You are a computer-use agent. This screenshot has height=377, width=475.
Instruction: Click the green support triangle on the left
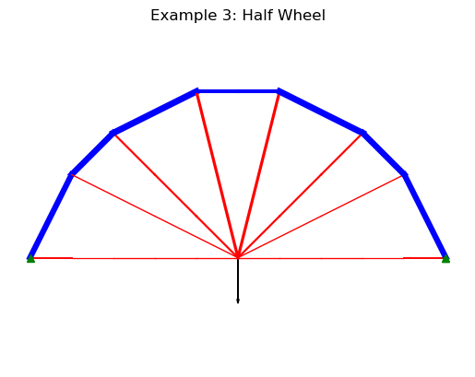[x=30, y=259]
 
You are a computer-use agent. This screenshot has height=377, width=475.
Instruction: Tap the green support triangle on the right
[x=445, y=259]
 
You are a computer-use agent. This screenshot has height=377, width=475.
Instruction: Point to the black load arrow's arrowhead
[x=238, y=301]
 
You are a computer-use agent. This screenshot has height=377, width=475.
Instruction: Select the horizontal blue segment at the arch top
[x=238, y=91]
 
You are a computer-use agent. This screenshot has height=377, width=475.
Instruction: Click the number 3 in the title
[x=228, y=16]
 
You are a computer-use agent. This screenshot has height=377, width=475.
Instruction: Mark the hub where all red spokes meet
[x=238, y=257]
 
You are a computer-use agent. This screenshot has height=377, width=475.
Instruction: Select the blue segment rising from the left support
[x=51, y=217]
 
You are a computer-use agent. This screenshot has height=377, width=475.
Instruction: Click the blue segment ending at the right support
[x=425, y=217]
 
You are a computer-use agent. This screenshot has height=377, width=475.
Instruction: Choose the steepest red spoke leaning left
[x=217, y=174]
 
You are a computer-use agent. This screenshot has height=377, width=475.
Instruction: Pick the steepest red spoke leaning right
[x=258, y=174]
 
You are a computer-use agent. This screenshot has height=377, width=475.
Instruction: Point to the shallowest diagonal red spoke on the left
[x=154, y=216]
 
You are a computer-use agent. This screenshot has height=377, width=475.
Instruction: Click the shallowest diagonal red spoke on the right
[x=321, y=216]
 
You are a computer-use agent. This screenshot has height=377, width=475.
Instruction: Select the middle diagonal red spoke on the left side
[x=175, y=195]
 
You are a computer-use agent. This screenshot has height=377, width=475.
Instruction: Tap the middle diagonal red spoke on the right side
[x=300, y=195]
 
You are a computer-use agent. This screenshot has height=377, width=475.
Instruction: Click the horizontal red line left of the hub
[x=134, y=258]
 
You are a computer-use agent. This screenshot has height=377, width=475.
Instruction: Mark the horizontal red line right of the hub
[x=341, y=258]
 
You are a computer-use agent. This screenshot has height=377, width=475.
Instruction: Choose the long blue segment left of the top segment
[x=155, y=112]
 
